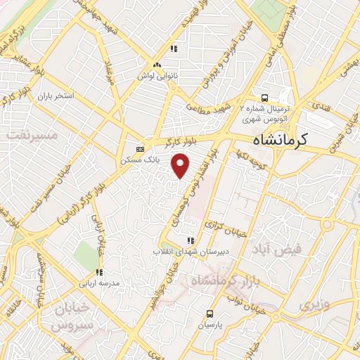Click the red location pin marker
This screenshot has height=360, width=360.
(181, 165)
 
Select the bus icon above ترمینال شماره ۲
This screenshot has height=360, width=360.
(265, 98)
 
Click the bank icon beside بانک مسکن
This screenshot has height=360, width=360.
(140, 149)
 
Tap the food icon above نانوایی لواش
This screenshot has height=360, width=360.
(173, 49)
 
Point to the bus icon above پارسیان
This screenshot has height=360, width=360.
(210, 314)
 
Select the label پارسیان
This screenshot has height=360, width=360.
(210, 326)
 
